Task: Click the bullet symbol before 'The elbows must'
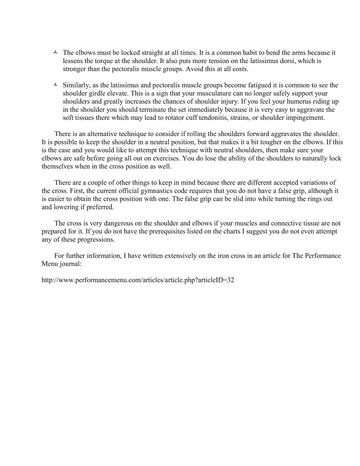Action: (54, 53)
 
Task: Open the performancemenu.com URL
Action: (137, 281)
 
